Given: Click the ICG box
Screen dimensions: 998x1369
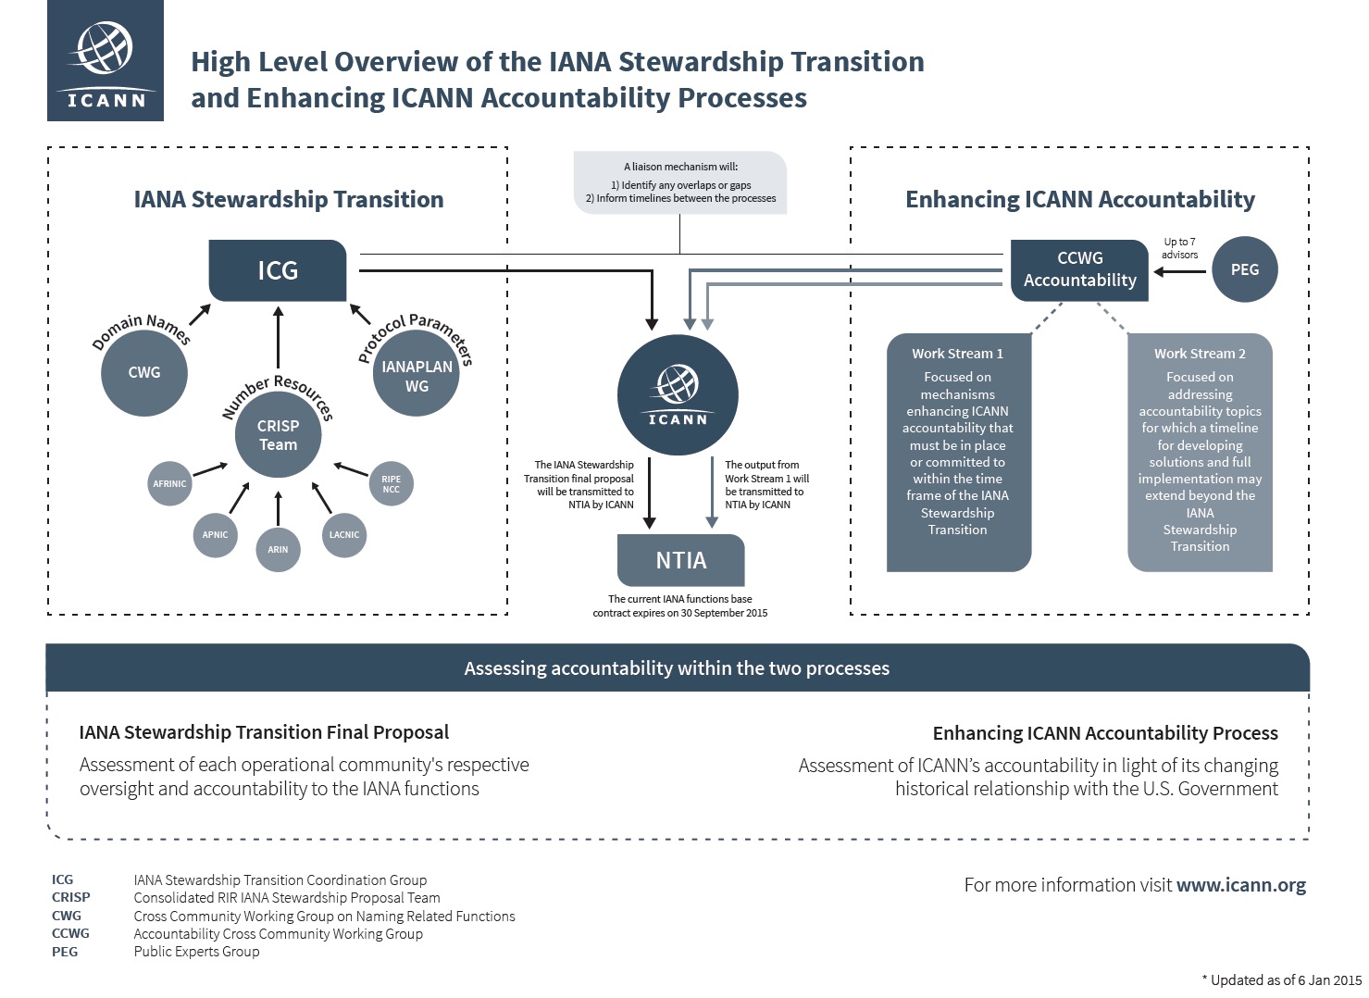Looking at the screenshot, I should (278, 270).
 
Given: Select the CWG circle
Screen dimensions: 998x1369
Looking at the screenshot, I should (143, 372).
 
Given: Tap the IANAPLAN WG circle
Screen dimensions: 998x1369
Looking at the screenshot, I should (417, 376).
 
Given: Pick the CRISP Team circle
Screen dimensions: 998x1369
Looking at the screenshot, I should (278, 435).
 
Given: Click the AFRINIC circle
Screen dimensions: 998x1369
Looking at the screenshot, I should (169, 483).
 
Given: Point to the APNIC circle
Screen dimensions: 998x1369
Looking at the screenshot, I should (215, 534).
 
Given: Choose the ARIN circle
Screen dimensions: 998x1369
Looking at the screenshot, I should (278, 549).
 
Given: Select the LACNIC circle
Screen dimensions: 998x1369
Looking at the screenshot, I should (343, 534).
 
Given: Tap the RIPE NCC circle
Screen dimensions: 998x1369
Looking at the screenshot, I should (391, 483).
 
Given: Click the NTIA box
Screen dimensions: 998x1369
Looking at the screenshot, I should (680, 560).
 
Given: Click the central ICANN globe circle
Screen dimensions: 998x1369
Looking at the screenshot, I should (678, 395).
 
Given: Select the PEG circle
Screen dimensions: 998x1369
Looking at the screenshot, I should (1244, 269).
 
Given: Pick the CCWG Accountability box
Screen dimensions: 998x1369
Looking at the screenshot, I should (1079, 269).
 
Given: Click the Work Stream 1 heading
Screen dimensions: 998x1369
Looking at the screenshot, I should (957, 354).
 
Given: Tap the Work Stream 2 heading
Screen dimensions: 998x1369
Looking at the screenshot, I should (1200, 354).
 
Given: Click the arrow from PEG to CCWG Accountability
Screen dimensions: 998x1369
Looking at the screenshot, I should (1180, 271).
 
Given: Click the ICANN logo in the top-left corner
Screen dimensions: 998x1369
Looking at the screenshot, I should (106, 60).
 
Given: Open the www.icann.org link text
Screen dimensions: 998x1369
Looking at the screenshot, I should (1240, 885).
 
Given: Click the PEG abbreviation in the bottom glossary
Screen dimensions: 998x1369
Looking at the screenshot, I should (65, 952).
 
